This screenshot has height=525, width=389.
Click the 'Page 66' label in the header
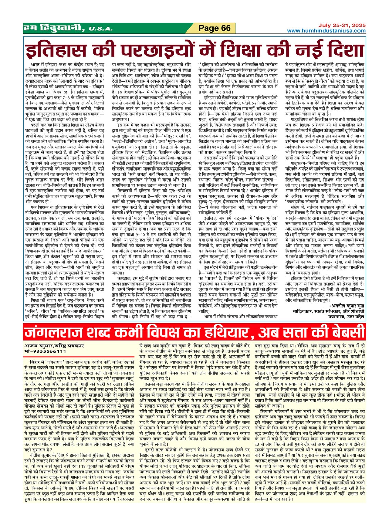coord(215,28)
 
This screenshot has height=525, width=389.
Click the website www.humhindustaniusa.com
coord(326,31)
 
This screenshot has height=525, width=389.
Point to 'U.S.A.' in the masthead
coord(100,29)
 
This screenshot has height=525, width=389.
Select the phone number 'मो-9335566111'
coord(45,351)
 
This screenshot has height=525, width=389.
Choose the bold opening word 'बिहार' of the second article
coord(35,362)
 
